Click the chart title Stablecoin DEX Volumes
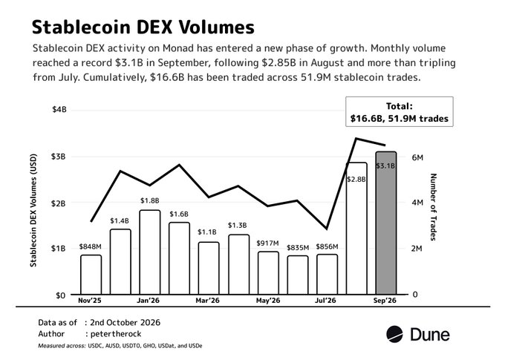click(143, 27)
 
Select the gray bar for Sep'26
click(386, 223)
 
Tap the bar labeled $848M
click(91, 275)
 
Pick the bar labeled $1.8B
click(150, 252)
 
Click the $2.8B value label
click(356, 180)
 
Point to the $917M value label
click(267, 243)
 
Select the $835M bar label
click(298, 248)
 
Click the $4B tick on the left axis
click(59, 109)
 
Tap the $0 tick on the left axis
click(61, 295)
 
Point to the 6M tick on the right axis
click(417, 157)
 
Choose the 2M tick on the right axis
click(417, 248)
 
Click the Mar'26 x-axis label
click(208, 301)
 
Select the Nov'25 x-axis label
click(90, 301)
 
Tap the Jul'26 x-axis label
click(325, 301)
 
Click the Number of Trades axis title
click(434, 207)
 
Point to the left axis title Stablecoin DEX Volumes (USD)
click(33, 210)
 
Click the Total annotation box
click(400, 111)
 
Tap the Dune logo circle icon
click(394, 334)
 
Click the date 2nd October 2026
click(125, 322)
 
